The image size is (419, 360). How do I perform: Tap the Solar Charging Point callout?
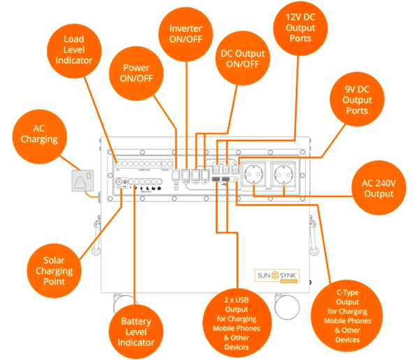pos(54,270)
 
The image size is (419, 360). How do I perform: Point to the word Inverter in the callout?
pos(186,28)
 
